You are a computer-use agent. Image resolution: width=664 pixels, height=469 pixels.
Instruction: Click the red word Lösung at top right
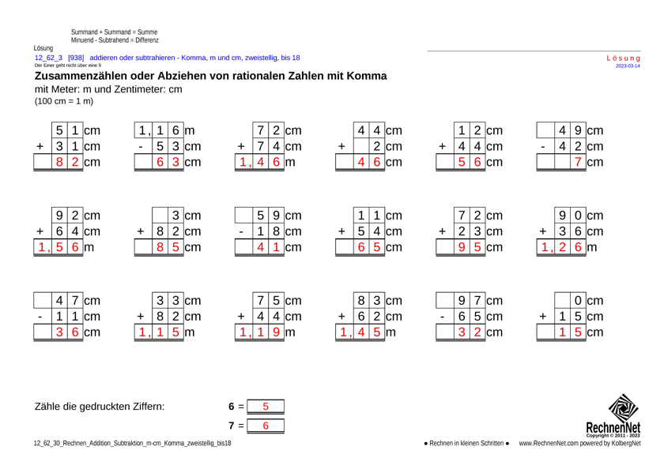pos(623,58)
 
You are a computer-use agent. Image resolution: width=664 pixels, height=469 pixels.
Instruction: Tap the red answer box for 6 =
pos(266,407)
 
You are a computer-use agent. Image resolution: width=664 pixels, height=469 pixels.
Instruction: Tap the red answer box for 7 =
pos(266,426)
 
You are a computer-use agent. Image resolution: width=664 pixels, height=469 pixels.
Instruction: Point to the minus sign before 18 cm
pos(241,231)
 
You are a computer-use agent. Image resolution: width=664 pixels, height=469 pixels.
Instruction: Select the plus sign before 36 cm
pos(543,231)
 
